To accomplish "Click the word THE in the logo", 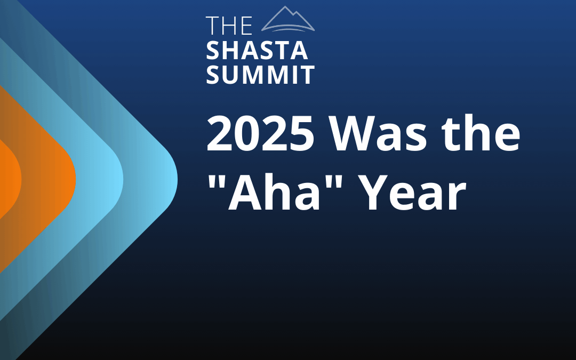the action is coord(229,26).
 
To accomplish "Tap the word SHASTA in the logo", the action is coord(257,51).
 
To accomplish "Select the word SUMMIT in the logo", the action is coord(260,75).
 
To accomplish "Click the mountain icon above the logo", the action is coord(288,19).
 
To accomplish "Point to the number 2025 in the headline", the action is coord(260,133).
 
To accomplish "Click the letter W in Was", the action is coord(354,133).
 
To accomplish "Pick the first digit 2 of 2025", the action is coord(220,133).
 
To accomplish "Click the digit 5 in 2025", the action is coord(301,133).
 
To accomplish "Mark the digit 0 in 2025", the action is coord(247,133).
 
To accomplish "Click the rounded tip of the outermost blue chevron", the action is coord(177,180).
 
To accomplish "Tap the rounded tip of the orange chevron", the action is coord(75,180).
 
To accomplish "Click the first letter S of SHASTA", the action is coord(212,51).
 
